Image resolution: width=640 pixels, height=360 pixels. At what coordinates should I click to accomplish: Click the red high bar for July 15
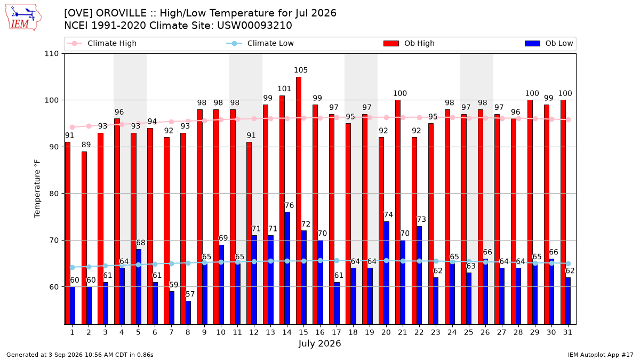[299, 201]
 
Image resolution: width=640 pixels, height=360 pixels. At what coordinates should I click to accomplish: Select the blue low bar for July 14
[287, 268]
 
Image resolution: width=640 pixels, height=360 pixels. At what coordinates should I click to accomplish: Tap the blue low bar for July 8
[188, 313]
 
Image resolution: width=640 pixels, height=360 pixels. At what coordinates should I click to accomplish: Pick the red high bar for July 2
[84, 238]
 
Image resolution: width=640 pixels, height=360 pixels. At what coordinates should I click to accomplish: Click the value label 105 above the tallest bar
[301, 70]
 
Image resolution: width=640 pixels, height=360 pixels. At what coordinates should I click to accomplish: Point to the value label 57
[190, 294]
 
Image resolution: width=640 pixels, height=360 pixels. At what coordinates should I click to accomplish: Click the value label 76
[289, 205]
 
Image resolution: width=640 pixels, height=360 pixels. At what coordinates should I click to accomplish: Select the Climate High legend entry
[102, 43]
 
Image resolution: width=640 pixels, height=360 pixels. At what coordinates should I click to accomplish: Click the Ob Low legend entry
[549, 43]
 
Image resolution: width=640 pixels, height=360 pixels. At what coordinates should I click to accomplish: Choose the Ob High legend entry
[409, 43]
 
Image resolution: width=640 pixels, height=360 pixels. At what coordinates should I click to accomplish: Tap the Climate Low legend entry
[260, 43]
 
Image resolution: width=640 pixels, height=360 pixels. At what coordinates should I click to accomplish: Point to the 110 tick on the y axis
[51, 54]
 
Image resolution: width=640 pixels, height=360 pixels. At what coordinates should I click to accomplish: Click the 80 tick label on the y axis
[54, 194]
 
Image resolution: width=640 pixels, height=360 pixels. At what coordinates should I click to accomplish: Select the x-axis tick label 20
[386, 332]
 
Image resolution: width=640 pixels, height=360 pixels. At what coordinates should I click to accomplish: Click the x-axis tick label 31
[567, 332]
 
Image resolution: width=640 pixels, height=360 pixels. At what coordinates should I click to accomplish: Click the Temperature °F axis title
[37, 189]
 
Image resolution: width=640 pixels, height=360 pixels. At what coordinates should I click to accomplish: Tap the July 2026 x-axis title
[319, 343]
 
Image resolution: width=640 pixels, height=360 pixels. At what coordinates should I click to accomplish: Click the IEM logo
[23, 18]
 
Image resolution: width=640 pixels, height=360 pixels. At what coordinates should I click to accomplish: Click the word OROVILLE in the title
[121, 13]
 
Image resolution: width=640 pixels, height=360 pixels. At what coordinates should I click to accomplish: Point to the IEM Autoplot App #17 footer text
[601, 355]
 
